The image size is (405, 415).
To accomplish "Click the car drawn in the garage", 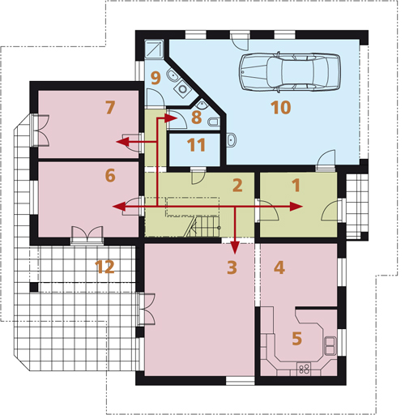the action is pyautogui.click(x=289, y=71).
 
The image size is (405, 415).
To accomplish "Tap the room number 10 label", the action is pyautogui.click(x=281, y=108).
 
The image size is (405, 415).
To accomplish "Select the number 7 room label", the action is pyautogui.click(x=110, y=108).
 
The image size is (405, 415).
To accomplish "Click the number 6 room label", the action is pyautogui.click(x=110, y=175).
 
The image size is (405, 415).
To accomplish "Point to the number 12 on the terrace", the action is pyautogui.click(x=104, y=267).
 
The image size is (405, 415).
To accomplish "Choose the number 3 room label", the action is pyautogui.click(x=232, y=267).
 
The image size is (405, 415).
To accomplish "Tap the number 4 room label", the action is pyautogui.click(x=279, y=267).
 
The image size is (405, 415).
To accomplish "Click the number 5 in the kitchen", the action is pyautogui.click(x=296, y=338).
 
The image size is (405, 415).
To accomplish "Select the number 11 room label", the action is pyautogui.click(x=197, y=145).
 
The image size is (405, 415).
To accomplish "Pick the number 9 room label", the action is pyautogui.click(x=156, y=78).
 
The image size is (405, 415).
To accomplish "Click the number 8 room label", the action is pyautogui.click(x=196, y=117).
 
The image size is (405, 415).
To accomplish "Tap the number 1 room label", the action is pyautogui.click(x=296, y=186).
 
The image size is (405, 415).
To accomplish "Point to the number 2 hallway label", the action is pyautogui.click(x=237, y=186).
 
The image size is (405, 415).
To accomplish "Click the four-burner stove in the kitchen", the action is pyautogui.click(x=304, y=369).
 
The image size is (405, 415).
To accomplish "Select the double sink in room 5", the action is pyautogui.click(x=330, y=345).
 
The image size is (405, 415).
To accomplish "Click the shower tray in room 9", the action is pyautogui.click(x=154, y=49).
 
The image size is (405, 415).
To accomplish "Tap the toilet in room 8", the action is pyautogui.click(x=214, y=122).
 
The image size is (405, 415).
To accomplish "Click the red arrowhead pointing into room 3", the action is pyautogui.click(x=235, y=248).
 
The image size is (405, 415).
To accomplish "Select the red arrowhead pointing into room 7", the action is pyautogui.click(x=122, y=142).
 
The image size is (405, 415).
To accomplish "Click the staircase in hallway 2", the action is pyautogui.click(x=202, y=226).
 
